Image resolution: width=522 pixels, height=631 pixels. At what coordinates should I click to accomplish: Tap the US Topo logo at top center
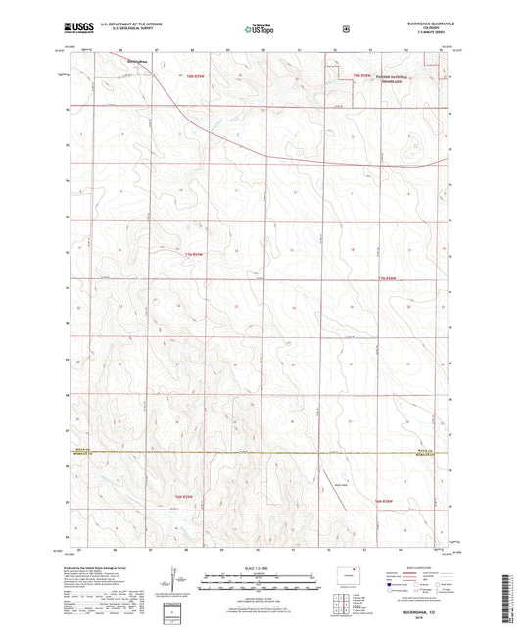(260, 30)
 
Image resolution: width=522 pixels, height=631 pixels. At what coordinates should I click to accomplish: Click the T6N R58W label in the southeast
(388, 500)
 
